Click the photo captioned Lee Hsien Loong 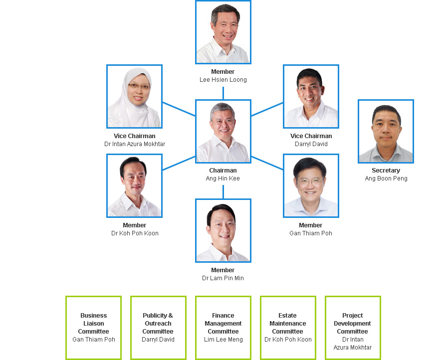point(223,32)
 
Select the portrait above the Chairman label point(223,131)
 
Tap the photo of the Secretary point(386,131)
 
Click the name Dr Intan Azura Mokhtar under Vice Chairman point(135,144)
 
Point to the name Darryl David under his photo point(311,144)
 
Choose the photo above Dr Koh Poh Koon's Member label point(134,185)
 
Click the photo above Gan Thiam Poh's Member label point(311,185)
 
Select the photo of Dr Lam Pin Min point(223,230)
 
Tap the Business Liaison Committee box point(93,328)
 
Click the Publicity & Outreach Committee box point(158,328)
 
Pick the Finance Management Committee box point(223,328)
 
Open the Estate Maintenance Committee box point(288,328)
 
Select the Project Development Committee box point(353,328)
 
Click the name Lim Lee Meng point(223,340)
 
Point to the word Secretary point(386,171)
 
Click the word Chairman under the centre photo point(223,171)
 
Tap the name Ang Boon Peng point(386,179)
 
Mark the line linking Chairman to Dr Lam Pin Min point(223,191)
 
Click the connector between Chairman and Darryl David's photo point(267,109)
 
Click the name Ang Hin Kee point(223,179)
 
